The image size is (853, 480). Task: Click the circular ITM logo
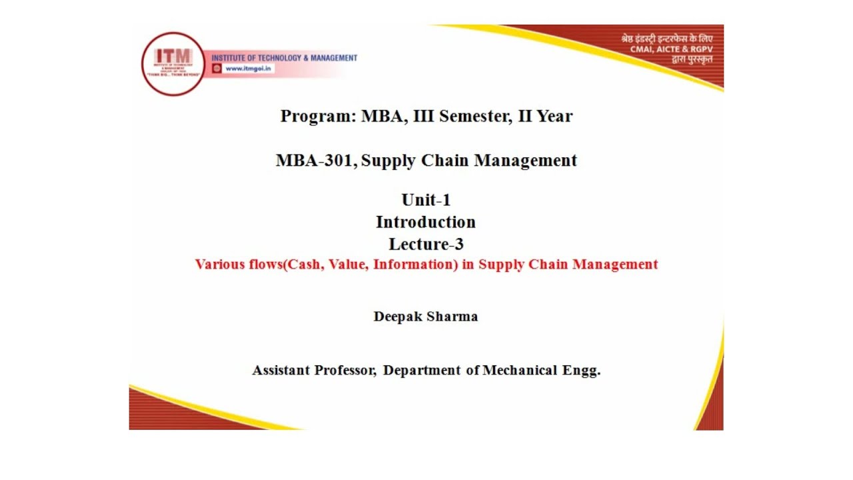(x=173, y=64)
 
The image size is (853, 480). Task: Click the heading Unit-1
(x=426, y=200)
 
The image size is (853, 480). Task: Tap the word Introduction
(x=426, y=222)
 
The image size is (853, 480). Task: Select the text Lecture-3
(x=426, y=244)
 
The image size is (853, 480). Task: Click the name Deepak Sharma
(x=426, y=317)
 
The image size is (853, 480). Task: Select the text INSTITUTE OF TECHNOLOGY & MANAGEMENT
(x=285, y=58)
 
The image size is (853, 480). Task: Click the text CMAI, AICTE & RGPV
(x=671, y=49)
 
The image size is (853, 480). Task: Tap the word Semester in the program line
(x=473, y=117)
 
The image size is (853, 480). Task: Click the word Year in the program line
(x=555, y=117)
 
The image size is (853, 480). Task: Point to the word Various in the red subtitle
(x=219, y=265)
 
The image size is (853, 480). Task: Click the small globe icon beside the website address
(x=217, y=69)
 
